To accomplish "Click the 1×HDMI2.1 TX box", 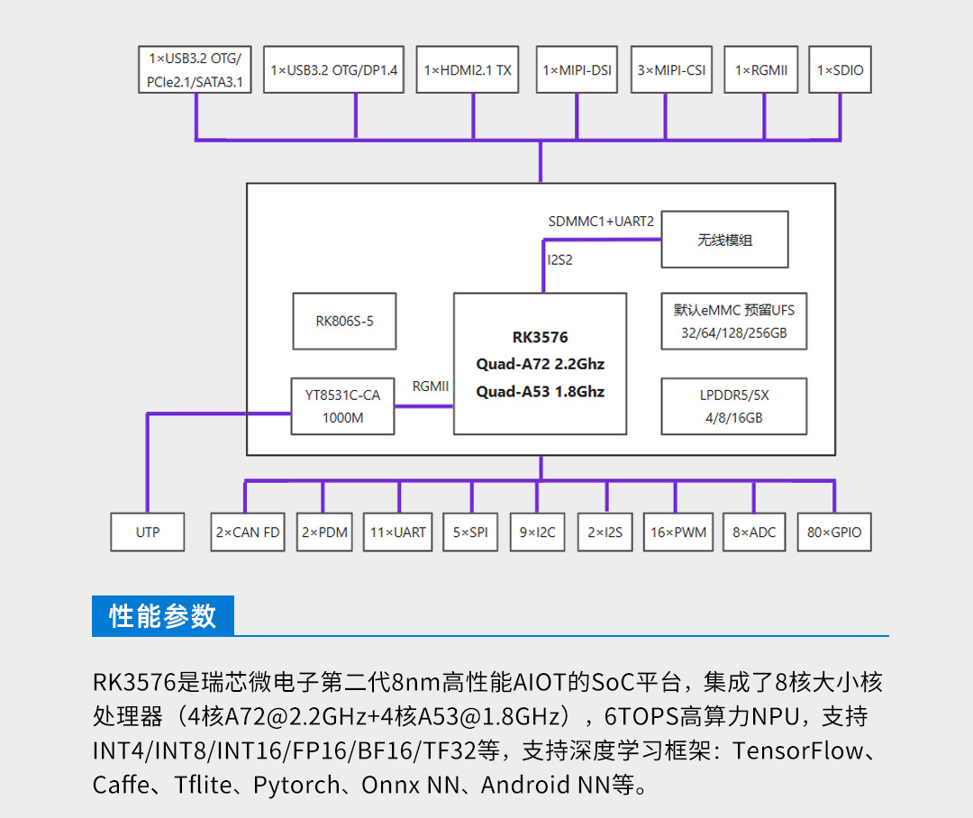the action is (468, 69).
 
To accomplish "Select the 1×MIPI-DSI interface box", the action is (577, 69).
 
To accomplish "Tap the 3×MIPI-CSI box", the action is (671, 69).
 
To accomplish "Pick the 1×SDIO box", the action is (840, 69).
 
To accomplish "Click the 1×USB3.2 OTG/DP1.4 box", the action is (334, 69).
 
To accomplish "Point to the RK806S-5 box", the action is (344, 321).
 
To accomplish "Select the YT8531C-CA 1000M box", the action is (342, 406).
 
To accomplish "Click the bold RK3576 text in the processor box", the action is (540, 337).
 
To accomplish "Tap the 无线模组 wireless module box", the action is (724, 240).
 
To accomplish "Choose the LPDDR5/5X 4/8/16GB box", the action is (734, 406).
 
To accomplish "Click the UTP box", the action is (148, 532).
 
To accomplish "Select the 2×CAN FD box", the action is (248, 532).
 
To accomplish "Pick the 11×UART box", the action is (398, 532).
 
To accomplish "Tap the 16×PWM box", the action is (678, 532).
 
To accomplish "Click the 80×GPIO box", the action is (834, 532).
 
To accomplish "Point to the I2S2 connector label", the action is (559, 260).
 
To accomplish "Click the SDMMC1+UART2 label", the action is (601, 222).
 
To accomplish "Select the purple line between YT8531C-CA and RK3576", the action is (423, 406).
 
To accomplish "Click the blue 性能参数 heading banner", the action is (162, 615).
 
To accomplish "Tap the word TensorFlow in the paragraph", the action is (797, 750).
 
